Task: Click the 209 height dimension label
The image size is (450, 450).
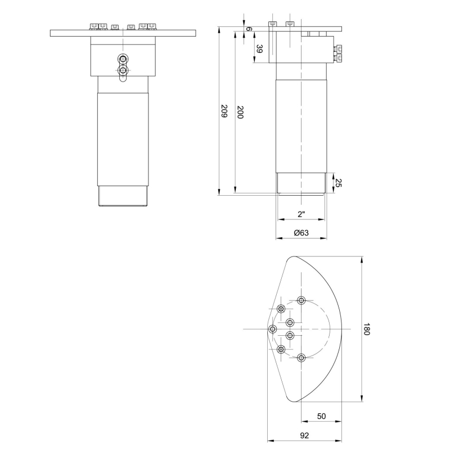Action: pyautogui.click(x=224, y=111)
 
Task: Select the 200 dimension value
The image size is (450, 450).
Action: pyautogui.click(x=240, y=112)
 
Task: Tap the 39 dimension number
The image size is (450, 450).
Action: pyautogui.click(x=259, y=49)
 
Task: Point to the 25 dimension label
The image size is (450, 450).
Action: pyautogui.click(x=339, y=183)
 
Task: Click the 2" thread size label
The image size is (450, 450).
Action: pyautogui.click(x=301, y=214)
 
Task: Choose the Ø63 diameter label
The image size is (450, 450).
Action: pyautogui.click(x=301, y=233)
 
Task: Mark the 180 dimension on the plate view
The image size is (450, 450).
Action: pyautogui.click(x=367, y=329)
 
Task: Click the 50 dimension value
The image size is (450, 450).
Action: pyautogui.click(x=321, y=416)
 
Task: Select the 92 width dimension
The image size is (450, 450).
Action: pyautogui.click(x=304, y=435)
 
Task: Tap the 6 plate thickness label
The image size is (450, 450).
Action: pyautogui.click(x=249, y=29)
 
